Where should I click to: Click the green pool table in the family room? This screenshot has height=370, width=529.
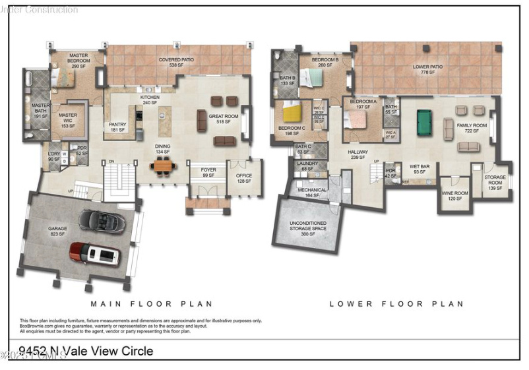pos(423,123)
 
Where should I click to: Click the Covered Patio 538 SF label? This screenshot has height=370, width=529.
pos(171,63)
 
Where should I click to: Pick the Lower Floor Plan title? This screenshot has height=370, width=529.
pos(396,304)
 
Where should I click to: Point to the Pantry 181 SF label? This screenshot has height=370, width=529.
pos(117,127)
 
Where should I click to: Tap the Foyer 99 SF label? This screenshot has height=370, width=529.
pos(208,173)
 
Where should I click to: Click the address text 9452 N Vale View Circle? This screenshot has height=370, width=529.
pos(86,352)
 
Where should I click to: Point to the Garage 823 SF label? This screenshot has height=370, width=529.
pos(57,231)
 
